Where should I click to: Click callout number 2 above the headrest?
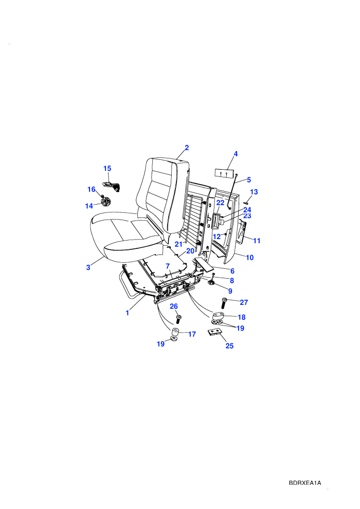(187, 148)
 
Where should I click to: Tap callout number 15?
(107, 169)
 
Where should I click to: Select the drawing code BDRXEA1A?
(305, 483)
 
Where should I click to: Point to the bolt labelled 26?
(178, 318)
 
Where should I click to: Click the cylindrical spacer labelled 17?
(175, 333)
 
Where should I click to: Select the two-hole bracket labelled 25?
(214, 333)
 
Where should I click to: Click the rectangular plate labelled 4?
(224, 172)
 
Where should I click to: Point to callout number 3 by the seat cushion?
(88, 267)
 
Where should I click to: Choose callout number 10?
(249, 258)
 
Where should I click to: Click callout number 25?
(229, 346)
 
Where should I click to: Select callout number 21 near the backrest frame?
(178, 244)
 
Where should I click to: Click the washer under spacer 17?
(174, 339)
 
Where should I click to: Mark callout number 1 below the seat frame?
(127, 313)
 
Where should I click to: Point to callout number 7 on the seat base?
(168, 266)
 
